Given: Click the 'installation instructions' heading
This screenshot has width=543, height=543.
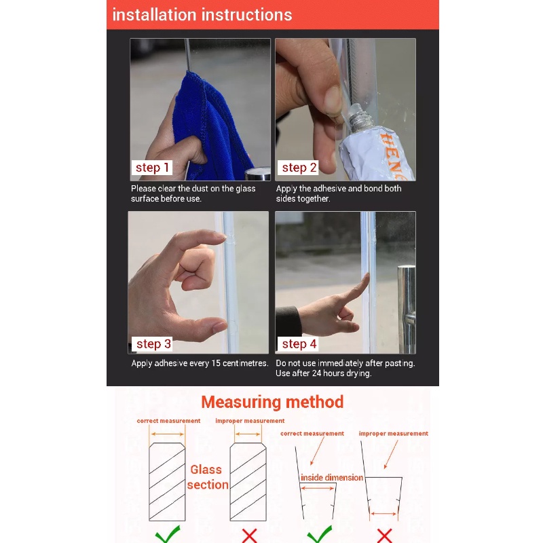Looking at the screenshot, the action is pos(202,15).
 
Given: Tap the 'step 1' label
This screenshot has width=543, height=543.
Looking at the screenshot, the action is pos(152,168).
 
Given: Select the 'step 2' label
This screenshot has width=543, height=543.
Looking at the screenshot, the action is pos(299,168).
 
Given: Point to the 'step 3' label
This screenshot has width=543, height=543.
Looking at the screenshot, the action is pos(153,344).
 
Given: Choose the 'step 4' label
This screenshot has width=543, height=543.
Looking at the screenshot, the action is pos(299,344).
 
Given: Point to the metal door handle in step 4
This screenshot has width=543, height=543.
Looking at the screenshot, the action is pos(406,308).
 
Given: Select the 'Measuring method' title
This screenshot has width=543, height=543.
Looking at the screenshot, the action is pos(272,402).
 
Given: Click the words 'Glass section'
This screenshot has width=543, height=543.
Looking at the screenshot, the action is pos(208,477).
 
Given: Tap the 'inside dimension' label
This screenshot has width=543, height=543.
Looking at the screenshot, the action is pos(332,478).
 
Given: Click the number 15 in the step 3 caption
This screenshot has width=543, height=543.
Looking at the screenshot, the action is pos(216,363).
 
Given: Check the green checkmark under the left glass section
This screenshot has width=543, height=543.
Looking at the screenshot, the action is pos(168,534).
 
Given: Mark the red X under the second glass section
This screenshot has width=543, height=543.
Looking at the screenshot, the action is pos(249,536).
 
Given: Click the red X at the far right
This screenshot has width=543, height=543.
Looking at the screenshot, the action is pos(384,536).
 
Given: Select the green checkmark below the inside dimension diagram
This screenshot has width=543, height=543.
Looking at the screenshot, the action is pos(320,534).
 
